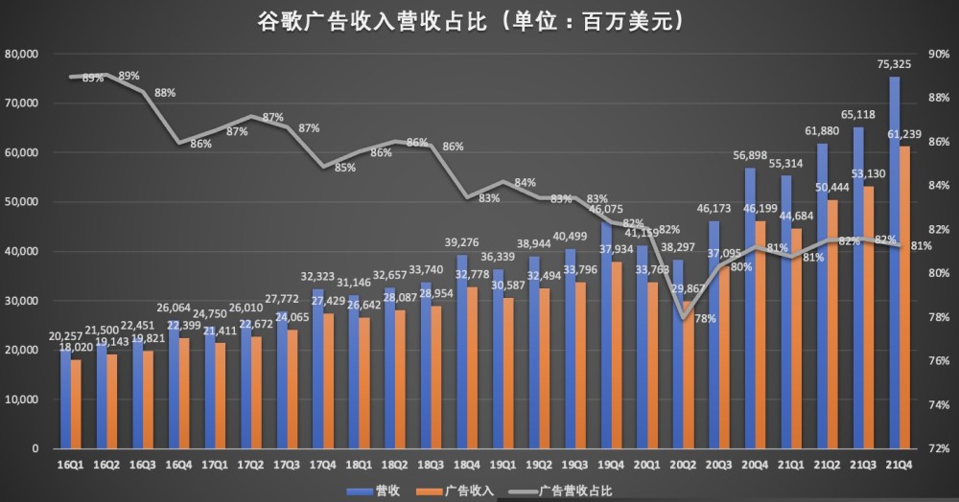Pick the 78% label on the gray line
click(705, 318)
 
